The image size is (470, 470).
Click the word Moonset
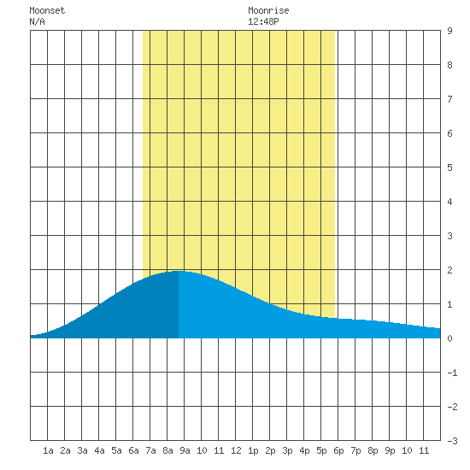(x=47, y=10)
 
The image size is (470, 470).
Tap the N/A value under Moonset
(x=37, y=21)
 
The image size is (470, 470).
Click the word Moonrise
(x=268, y=10)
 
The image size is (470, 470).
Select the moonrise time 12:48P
(x=263, y=21)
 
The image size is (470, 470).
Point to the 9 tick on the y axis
(x=449, y=31)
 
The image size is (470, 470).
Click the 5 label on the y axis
(x=449, y=167)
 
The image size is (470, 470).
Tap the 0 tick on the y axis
(x=449, y=338)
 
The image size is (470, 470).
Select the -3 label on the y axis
(x=452, y=441)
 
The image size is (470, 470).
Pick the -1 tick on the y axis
(x=452, y=373)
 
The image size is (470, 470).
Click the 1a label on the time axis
(x=48, y=450)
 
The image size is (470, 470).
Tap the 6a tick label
(x=133, y=450)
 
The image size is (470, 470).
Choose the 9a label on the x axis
(x=185, y=450)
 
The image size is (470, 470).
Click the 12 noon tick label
(x=236, y=450)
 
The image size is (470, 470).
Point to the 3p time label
(x=287, y=450)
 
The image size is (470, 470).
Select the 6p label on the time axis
(x=338, y=450)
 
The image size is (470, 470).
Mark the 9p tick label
(x=390, y=450)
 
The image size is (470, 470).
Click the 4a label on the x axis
(x=99, y=450)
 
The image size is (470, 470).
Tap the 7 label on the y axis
(x=449, y=99)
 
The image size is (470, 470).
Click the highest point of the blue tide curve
(x=179, y=271)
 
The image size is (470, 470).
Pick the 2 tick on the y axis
(x=449, y=270)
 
